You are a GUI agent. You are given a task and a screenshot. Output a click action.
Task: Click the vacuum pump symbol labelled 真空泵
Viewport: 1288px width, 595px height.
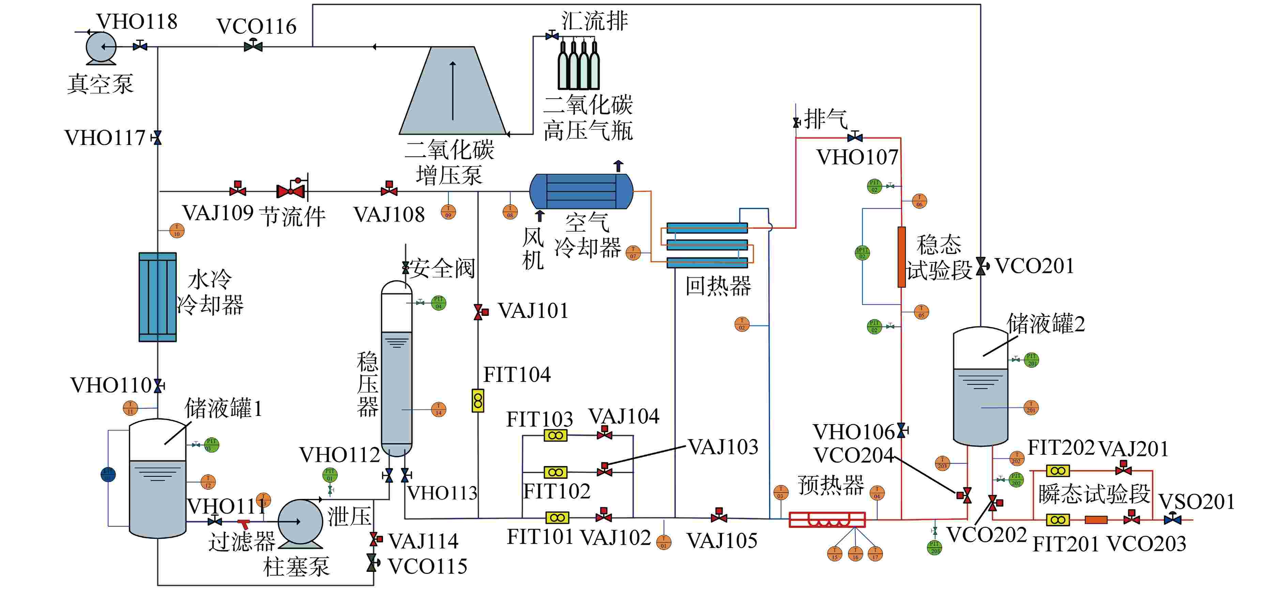[101, 48]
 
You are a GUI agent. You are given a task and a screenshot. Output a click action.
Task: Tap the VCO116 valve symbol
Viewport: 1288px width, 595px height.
[253, 46]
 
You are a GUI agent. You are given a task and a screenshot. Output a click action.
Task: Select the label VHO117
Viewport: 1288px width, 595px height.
[105, 138]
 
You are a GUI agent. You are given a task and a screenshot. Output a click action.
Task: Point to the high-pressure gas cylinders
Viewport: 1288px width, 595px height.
[579, 65]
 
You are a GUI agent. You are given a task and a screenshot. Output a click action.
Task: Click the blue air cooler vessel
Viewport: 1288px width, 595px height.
[581, 191]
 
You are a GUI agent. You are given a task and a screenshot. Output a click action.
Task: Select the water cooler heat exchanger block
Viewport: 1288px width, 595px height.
[157, 297]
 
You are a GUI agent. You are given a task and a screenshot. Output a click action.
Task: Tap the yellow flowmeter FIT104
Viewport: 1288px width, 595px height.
[478, 401]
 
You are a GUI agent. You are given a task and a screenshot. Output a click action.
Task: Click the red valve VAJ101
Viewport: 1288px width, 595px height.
[480, 312]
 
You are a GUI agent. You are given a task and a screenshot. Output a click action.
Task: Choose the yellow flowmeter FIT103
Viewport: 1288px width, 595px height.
[555, 435]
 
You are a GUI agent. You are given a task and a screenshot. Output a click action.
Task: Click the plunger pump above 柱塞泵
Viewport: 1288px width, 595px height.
[300, 521]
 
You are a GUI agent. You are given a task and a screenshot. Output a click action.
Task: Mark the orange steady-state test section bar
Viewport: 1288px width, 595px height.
[902, 257]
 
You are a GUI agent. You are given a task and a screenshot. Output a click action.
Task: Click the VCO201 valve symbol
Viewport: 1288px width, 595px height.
[981, 266]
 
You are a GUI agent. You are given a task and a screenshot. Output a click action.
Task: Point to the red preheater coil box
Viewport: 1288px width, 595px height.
[827, 519]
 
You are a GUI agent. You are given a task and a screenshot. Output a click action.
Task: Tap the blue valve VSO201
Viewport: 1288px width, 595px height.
[1172, 519]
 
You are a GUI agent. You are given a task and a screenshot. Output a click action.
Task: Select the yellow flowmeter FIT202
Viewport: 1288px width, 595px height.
[1058, 471]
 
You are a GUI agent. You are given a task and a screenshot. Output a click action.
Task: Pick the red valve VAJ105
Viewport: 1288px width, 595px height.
[719, 516]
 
